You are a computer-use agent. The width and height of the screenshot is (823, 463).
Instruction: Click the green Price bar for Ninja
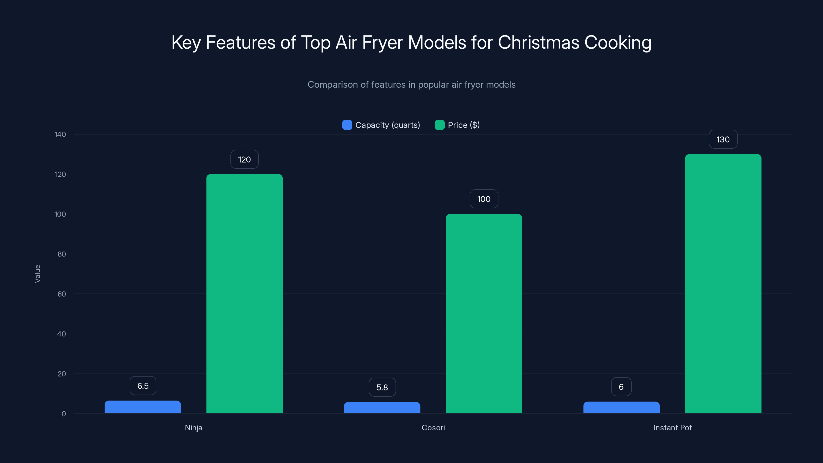click(x=244, y=294)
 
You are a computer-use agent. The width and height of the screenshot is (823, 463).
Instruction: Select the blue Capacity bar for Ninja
click(x=142, y=407)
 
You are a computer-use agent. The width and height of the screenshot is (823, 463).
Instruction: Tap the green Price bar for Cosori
click(x=484, y=314)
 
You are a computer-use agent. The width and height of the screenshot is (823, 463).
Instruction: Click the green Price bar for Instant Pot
click(x=723, y=284)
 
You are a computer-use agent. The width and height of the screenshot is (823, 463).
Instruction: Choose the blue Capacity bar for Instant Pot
click(x=621, y=408)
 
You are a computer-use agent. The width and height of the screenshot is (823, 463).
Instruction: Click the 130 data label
click(x=723, y=139)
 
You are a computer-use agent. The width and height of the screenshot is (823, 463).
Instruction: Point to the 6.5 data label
click(x=143, y=386)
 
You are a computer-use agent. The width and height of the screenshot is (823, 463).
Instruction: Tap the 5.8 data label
click(x=382, y=387)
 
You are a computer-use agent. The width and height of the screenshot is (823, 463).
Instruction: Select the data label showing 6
click(x=621, y=387)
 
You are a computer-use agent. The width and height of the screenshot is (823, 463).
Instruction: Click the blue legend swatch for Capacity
click(x=347, y=125)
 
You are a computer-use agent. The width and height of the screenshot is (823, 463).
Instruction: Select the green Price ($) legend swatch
click(x=440, y=125)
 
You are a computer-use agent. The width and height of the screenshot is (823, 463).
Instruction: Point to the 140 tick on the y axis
click(x=60, y=134)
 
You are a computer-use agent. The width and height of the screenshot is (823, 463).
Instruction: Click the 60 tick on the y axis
click(x=62, y=294)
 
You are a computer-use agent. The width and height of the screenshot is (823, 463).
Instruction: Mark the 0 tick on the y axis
click(x=64, y=414)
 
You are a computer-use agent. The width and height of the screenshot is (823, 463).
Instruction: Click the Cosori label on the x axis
click(x=433, y=428)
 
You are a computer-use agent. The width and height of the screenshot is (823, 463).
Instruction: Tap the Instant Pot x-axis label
click(x=672, y=428)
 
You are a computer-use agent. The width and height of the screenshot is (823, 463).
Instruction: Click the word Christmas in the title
click(x=538, y=42)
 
